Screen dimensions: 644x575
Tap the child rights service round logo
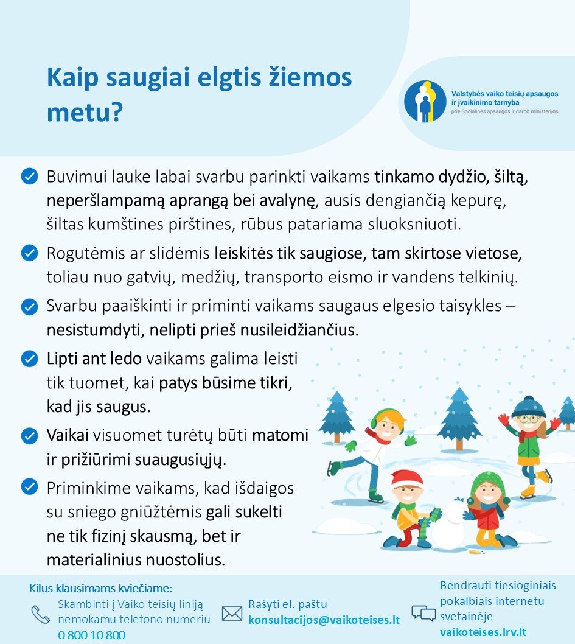pos(425,101)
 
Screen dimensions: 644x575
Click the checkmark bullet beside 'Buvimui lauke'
pos(29,177)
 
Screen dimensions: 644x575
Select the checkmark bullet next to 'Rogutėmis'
pos(29,252)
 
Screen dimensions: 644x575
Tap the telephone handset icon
pos(41,614)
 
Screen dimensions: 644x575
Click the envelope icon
pos(232,613)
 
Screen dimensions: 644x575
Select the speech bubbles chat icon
pos(423,612)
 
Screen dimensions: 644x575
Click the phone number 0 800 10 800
pos(92,635)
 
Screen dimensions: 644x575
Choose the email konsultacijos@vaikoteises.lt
pos(324,620)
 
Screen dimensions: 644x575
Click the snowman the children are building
pos(450,525)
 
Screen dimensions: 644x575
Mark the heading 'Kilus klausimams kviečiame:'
pos(101,589)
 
